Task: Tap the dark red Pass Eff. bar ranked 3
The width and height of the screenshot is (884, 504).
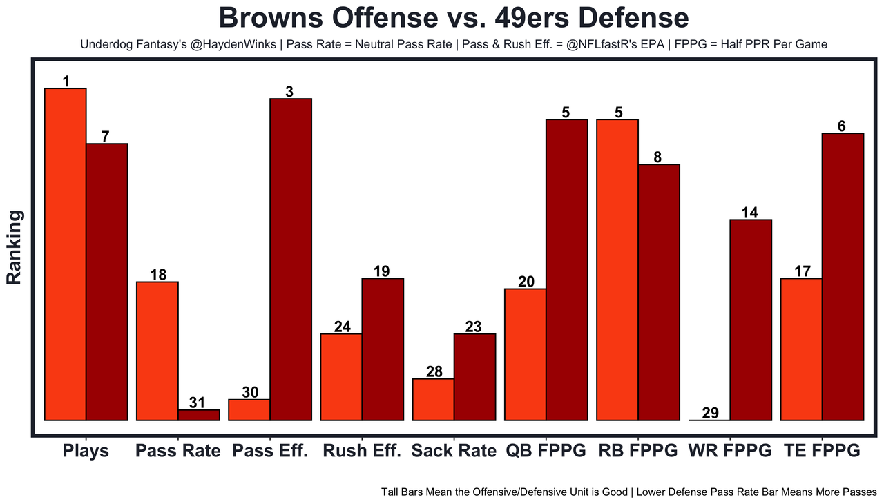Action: [291, 259]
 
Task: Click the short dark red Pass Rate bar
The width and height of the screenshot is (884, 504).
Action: [199, 415]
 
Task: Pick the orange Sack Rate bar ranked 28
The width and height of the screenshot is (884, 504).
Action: [433, 399]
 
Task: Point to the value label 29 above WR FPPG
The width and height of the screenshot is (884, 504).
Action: [710, 413]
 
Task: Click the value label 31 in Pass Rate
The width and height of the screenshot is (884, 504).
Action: [198, 403]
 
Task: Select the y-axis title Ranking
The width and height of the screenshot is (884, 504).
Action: [15, 247]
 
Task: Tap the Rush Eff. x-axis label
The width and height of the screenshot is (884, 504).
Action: [362, 451]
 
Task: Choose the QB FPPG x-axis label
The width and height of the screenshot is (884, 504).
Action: [546, 451]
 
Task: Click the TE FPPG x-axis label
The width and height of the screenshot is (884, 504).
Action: [822, 451]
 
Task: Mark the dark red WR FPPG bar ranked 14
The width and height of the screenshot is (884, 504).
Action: [751, 320]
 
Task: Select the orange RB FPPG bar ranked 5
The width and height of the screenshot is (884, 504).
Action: [617, 269]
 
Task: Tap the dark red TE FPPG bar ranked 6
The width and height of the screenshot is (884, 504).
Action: [843, 276]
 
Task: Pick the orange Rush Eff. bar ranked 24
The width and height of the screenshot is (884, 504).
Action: [341, 376]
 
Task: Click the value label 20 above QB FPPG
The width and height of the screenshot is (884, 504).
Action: [526, 282]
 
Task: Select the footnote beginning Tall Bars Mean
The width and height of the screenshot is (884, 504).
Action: [628, 492]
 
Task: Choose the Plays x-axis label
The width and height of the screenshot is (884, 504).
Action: [86, 451]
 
